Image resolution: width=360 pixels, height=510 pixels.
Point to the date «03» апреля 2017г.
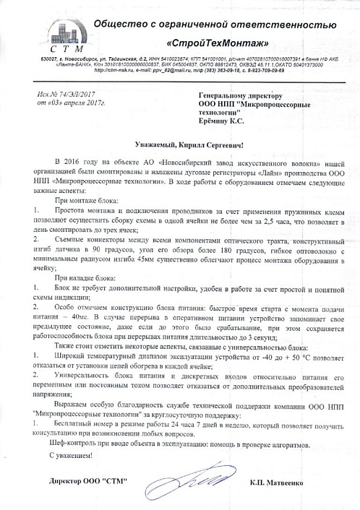pos(71,103)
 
